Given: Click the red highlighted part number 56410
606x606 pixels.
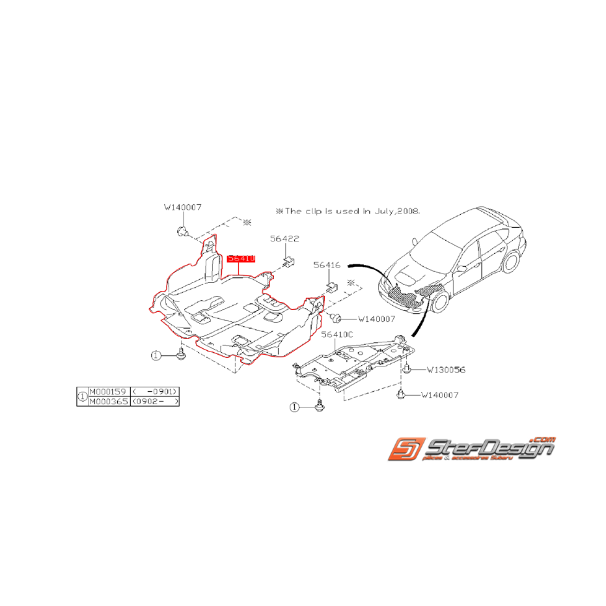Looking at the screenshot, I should [241, 258].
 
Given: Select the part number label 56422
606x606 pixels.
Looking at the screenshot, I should [285, 239].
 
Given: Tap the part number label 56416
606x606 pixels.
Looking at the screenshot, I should [327, 265].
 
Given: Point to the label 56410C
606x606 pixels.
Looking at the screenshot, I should [337, 334].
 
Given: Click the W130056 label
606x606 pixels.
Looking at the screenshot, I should [446, 369].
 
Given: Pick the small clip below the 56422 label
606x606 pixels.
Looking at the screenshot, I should [289, 261].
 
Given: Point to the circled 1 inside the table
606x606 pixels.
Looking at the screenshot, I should [82, 396].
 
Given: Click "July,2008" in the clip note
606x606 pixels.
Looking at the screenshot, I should [397, 211].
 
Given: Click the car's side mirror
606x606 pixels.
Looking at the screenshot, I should [461, 268].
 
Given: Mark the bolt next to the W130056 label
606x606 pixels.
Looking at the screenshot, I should [407, 369].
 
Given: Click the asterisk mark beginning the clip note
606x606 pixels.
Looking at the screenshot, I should [280, 211].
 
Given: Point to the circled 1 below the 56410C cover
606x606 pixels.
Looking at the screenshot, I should [294, 407].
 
